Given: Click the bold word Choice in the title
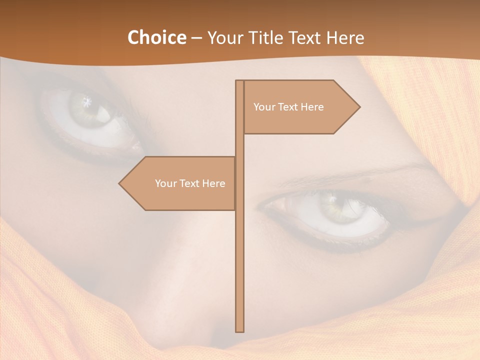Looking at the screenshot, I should tap(156, 37).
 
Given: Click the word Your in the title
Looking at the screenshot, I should tap(224, 37).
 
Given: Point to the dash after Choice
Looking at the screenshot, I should tap(196, 38).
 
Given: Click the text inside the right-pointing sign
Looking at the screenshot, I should tap(288, 107).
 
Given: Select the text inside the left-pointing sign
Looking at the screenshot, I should tap(190, 183).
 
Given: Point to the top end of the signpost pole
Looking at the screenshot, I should tap(239, 81).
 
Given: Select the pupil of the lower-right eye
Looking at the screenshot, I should tap(332, 205).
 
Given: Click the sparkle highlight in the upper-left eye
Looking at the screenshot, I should tap(87, 102).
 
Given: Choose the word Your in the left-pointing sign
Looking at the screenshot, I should tap(165, 183).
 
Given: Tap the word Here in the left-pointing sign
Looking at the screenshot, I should tap(213, 183).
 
